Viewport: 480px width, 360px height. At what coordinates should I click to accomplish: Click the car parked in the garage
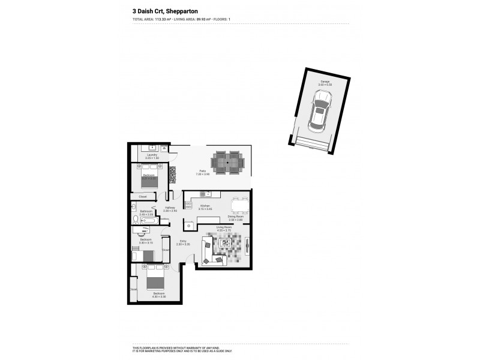[x=318, y=116]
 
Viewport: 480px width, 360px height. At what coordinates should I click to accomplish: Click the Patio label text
[x=203, y=170]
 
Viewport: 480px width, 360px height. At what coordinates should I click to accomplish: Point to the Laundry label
[x=152, y=155]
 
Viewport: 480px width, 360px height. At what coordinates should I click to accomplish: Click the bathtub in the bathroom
[x=150, y=221]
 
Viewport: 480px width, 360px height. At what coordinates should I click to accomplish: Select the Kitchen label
[x=205, y=206]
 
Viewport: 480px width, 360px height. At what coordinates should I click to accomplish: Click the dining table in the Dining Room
[x=240, y=206]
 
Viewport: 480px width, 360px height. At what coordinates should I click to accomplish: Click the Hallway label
[x=170, y=208]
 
